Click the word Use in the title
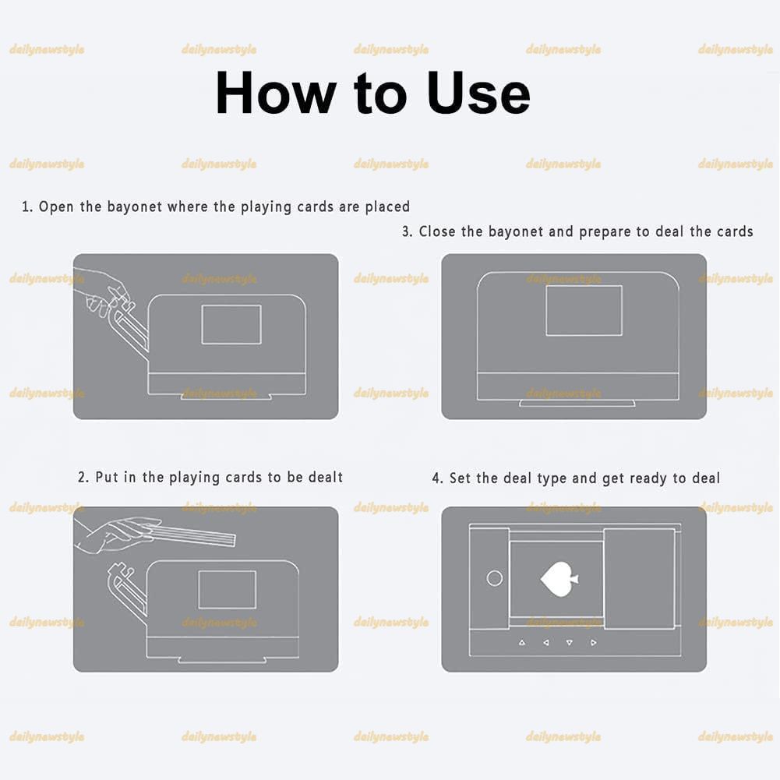[x=478, y=94]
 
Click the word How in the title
[x=276, y=94]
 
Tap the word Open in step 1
[x=56, y=207]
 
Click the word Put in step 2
[x=107, y=478]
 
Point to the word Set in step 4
[x=460, y=478]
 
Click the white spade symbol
[x=559, y=579]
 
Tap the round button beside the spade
[x=495, y=578]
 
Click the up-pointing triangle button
[x=522, y=643]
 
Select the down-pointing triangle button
[x=569, y=643]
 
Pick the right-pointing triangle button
[x=594, y=643]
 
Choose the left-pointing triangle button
[x=546, y=643]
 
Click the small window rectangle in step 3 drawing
[x=584, y=310]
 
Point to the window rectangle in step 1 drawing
[x=231, y=324]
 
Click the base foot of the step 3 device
[x=577, y=404]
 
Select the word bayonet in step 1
[x=135, y=207]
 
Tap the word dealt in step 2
[x=326, y=478]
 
